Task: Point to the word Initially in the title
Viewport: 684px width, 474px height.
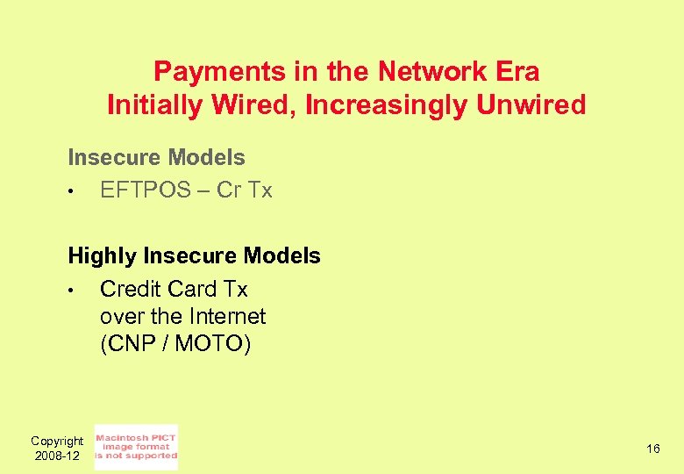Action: click(154, 105)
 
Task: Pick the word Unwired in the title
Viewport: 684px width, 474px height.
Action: click(531, 105)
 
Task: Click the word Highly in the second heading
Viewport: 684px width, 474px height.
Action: click(102, 256)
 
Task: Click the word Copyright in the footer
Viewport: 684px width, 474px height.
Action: click(57, 441)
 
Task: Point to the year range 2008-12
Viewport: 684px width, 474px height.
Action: click(57, 456)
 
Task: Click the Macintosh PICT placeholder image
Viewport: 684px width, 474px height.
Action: click(136, 447)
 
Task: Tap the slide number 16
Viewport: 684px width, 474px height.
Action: click(653, 449)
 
